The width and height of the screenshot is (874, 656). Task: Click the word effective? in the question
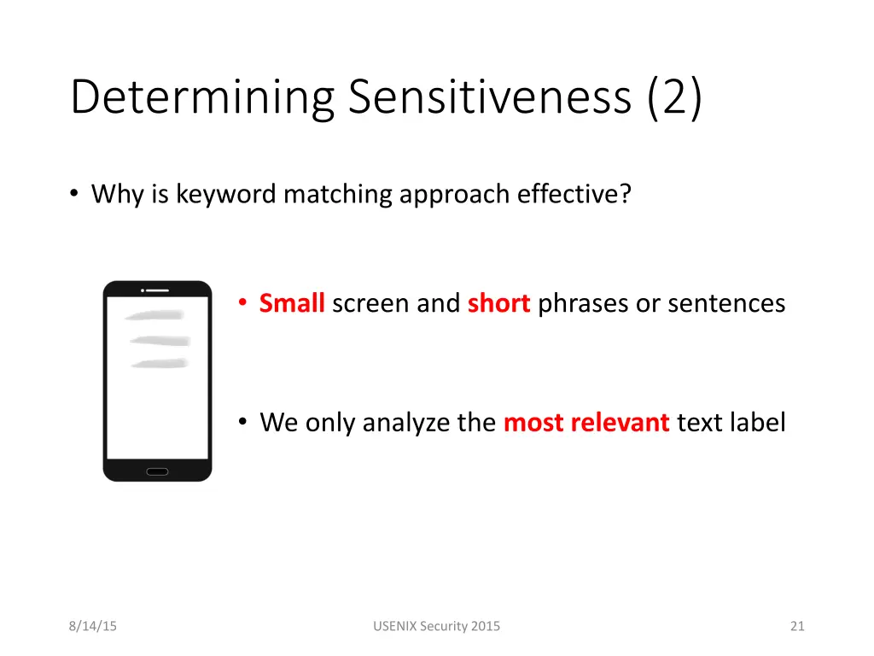[574, 195]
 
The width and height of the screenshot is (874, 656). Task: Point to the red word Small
[292, 303]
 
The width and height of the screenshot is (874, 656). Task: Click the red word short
[499, 303]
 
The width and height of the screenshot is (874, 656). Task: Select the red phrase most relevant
[586, 422]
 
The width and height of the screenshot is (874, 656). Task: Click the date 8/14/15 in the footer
[93, 626]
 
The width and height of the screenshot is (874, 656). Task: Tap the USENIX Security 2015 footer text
[437, 626]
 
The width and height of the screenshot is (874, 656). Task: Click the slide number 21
[797, 626]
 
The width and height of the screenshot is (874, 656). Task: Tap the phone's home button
[157, 471]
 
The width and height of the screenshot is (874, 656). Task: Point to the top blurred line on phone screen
[154, 314]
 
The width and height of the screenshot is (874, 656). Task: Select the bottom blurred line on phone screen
[159, 364]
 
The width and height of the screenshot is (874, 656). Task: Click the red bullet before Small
[243, 303]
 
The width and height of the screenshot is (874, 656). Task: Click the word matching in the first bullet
[338, 195]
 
